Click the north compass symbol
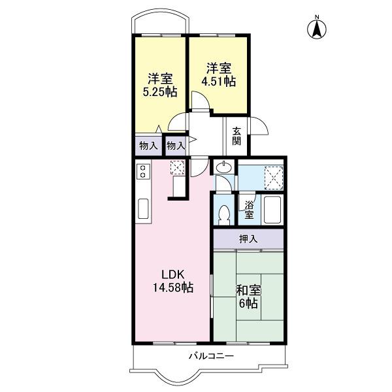[x=317, y=28]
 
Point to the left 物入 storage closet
[x=148, y=144]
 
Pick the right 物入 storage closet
[x=175, y=144]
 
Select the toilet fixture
[x=223, y=214]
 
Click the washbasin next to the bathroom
[x=223, y=169]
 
